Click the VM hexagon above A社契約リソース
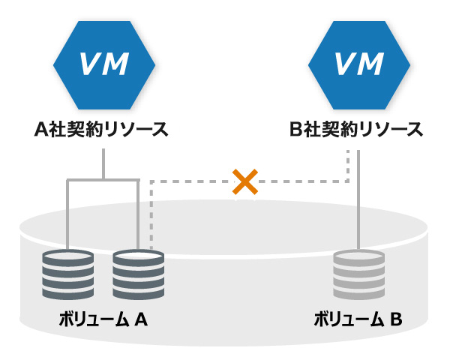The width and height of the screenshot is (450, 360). (x=103, y=65)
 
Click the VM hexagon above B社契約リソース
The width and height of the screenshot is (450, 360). (x=355, y=65)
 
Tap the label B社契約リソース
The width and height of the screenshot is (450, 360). (x=355, y=128)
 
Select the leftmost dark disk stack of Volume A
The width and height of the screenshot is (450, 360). (x=68, y=276)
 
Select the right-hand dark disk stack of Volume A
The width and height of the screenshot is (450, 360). (x=138, y=276)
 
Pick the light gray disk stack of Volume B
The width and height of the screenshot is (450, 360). (x=359, y=276)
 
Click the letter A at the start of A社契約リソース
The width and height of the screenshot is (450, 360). (x=43, y=128)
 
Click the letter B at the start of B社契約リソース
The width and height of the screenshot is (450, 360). (x=296, y=128)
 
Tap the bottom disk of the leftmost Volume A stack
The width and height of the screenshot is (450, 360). (x=68, y=294)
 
